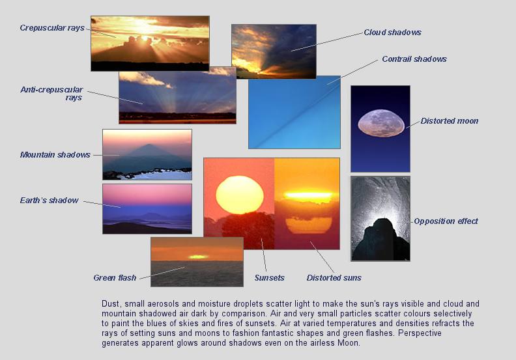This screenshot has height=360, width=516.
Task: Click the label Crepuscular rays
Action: point(52,28)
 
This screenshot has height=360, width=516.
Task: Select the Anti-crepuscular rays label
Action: point(51,93)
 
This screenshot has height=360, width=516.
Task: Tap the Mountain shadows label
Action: point(55,155)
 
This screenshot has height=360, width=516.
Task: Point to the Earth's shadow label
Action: point(50,201)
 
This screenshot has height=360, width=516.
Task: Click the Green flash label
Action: point(115,278)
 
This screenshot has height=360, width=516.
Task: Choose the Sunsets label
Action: point(270,278)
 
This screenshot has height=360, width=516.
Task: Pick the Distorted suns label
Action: point(334,278)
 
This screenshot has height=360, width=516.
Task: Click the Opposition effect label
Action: point(446,221)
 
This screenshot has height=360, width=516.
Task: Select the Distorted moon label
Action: point(450,121)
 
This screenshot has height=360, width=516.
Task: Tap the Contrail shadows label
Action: point(414,59)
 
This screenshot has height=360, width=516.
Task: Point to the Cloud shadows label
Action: point(393,33)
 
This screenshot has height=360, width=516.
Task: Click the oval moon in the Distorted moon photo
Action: point(381,123)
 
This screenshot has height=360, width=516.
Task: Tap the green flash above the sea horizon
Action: point(198,256)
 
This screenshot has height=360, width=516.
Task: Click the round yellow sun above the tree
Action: point(240,195)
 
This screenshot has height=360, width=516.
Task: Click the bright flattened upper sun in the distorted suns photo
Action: point(309,195)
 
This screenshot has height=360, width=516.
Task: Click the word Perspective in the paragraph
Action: point(420,333)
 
